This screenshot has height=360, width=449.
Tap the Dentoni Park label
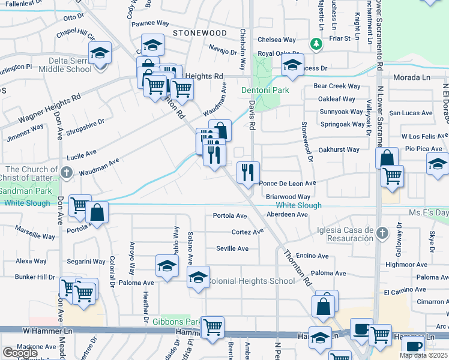coord(265,91)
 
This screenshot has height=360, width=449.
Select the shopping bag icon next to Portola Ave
coord(97,212)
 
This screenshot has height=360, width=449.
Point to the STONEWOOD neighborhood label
coord(200,33)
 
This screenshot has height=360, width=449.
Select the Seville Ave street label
coord(232,248)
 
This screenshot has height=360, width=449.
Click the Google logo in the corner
coord(20,353)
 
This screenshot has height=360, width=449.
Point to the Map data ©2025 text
coord(423,355)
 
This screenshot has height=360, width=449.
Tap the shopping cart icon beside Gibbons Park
coord(212,328)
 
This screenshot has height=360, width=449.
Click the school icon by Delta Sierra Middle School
coord(100,52)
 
